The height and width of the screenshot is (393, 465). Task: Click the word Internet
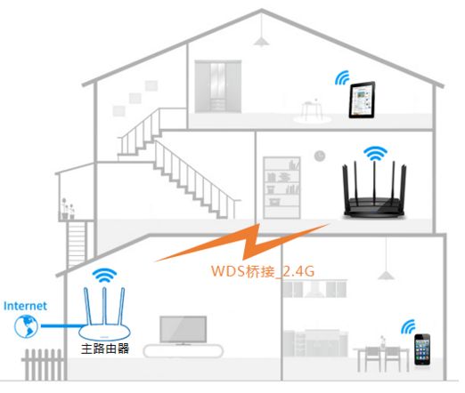pyautogui.click(x=25, y=306)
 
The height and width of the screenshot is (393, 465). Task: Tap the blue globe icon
pyautogui.click(x=26, y=326)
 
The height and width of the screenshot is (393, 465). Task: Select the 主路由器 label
pyautogui.click(x=105, y=349)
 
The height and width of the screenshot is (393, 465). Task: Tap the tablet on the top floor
pyautogui.click(x=362, y=100)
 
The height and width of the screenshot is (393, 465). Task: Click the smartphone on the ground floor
pyautogui.click(x=422, y=349)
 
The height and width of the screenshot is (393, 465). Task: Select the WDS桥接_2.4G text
pyautogui.click(x=263, y=271)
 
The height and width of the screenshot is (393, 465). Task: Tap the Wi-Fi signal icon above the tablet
pyautogui.click(x=342, y=78)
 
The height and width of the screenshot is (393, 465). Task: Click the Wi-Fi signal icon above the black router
pyautogui.click(x=375, y=153)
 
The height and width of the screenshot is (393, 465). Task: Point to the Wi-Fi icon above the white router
pyautogui.click(x=104, y=276)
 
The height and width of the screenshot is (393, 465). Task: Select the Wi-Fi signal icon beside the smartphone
pyautogui.click(x=408, y=327)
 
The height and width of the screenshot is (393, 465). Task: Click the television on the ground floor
pyautogui.click(x=183, y=331)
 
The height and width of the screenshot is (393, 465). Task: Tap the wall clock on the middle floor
pyautogui.click(x=320, y=156)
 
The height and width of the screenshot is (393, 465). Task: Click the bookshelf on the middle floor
pyautogui.click(x=281, y=188)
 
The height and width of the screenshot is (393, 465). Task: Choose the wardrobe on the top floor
pyautogui.click(x=218, y=86)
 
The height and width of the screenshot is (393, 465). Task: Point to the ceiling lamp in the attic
pyautogui.click(x=261, y=42)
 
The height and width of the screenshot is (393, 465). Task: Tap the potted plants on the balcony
pyautogui.click(x=68, y=209)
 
